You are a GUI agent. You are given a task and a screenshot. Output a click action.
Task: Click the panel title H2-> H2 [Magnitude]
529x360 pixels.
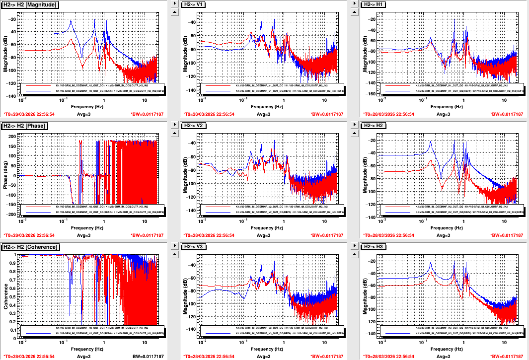30,4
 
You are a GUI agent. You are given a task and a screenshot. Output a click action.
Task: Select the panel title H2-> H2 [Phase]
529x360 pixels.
25,126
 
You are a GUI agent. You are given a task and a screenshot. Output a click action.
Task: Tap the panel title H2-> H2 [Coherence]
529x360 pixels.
31,247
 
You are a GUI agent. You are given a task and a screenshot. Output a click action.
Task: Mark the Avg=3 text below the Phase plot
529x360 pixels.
82,235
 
